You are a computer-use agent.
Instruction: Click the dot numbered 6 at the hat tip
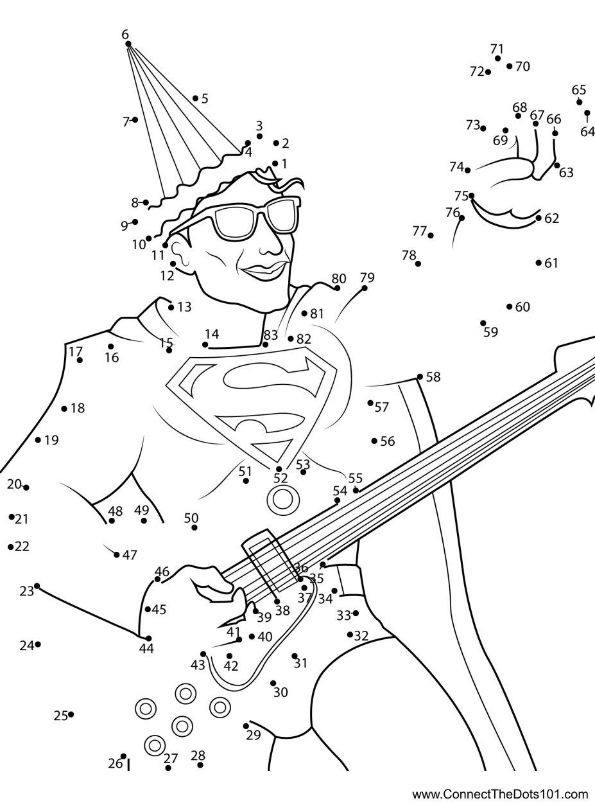tap(128, 44)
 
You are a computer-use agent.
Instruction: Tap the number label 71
tap(497, 48)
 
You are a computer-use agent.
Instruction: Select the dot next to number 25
tap(71, 714)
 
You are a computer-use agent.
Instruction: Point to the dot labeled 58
tap(420, 377)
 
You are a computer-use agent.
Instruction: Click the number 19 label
tap(51, 440)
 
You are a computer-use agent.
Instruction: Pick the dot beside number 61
tap(539, 263)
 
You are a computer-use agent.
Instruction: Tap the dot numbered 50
tap(194, 527)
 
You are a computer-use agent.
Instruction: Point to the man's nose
tap(272, 246)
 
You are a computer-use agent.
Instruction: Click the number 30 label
tap(280, 693)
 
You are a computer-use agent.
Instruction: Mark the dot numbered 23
tap(37, 586)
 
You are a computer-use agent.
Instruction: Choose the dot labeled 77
tap(431, 236)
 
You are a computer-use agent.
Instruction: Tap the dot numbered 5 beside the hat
tap(195, 98)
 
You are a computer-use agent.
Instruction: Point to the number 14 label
tap(212, 334)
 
